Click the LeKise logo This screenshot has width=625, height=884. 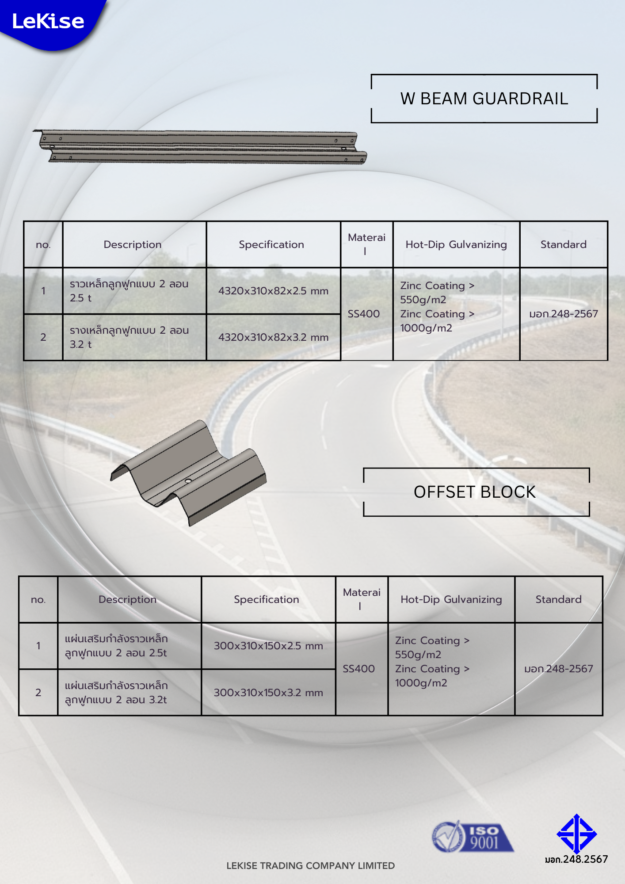click(x=48, y=21)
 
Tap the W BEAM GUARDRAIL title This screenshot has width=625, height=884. click(x=484, y=99)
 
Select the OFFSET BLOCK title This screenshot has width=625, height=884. click(x=474, y=492)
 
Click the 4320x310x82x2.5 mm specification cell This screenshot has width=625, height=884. click(x=273, y=291)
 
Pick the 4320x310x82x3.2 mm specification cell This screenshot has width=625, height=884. click(x=273, y=337)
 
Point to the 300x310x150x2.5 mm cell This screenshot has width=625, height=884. click(x=268, y=646)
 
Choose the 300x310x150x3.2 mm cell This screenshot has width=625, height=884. click(x=268, y=693)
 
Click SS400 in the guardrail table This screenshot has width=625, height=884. click(x=364, y=314)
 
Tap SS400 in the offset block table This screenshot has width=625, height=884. click(x=359, y=669)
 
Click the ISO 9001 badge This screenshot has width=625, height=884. click(x=472, y=837)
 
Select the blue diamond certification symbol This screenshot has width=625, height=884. click(x=576, y=834)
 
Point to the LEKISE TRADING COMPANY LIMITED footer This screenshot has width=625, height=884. click(x=310, y=866)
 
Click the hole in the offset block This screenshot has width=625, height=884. click(x=188, y=480)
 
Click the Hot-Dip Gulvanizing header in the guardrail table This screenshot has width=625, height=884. click(x=456, y=244)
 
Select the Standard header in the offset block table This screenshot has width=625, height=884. click(x=558, y=599)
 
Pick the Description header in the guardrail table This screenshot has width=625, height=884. click(x=133, y=244)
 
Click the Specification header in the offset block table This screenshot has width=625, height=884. click(x=267, y=599)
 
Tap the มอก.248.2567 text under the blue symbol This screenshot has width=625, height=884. click(x=576, y=859)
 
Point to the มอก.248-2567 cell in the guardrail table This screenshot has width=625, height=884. click(x=564, y=314)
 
